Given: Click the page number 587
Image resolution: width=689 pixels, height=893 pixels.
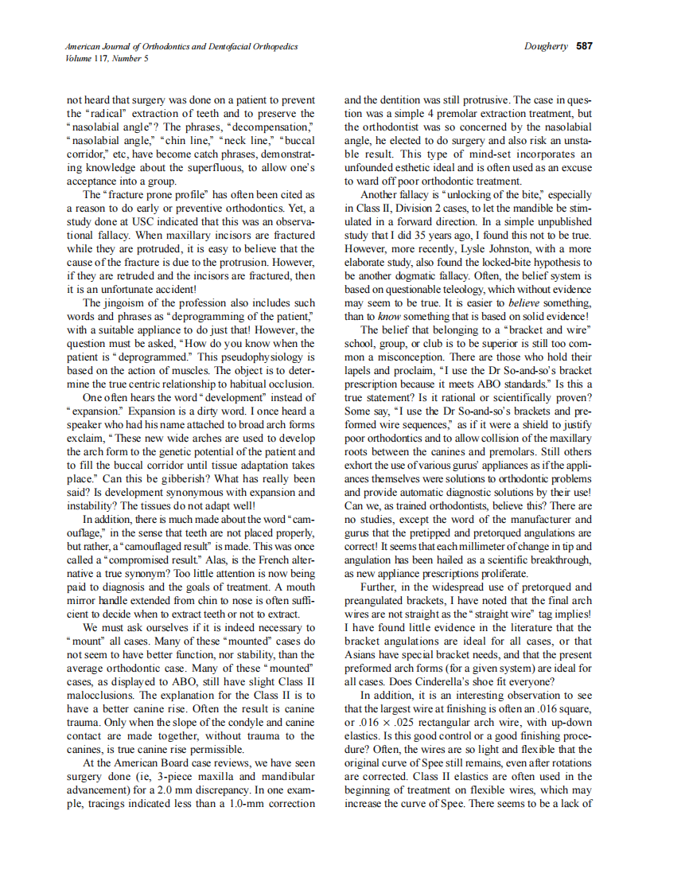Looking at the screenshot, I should [584, 46].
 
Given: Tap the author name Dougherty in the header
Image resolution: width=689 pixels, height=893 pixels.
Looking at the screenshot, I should [546, 46].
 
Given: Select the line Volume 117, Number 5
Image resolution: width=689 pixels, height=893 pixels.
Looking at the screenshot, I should [107, 58].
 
